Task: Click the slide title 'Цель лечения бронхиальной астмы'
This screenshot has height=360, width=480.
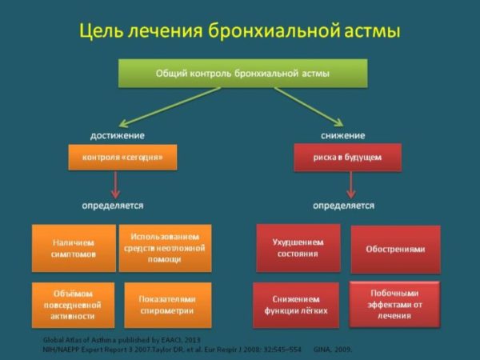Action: [x=239, y=31]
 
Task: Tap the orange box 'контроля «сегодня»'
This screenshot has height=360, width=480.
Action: [x=122, y=158]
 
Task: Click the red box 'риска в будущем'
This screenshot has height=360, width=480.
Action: [x=347, y=158]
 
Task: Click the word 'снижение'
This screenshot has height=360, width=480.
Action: [x=345, y=134]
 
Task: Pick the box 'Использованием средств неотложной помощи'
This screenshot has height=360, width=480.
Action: [x=165, y=248]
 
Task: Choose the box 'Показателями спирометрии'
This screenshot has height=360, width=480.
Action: [x=167, y=305]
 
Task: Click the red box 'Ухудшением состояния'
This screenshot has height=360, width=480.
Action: [x=298, y=248]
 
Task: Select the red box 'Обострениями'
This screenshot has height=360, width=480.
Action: [x=395, y=249]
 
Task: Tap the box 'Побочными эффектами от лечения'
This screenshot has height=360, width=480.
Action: [x=394, y=304]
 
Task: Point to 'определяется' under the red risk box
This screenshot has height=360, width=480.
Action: [x=343, y=206]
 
